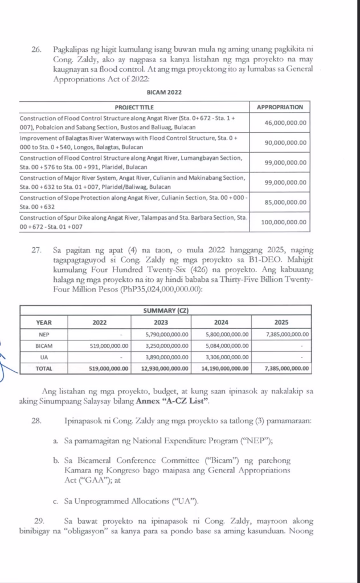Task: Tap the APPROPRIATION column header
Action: (x=280, y=106)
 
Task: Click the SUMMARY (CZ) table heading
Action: (x=165, y=310)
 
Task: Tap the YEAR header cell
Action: (x=44, y=322)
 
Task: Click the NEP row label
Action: (x=44, y=334)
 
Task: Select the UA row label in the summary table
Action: (x=44, y=357)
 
